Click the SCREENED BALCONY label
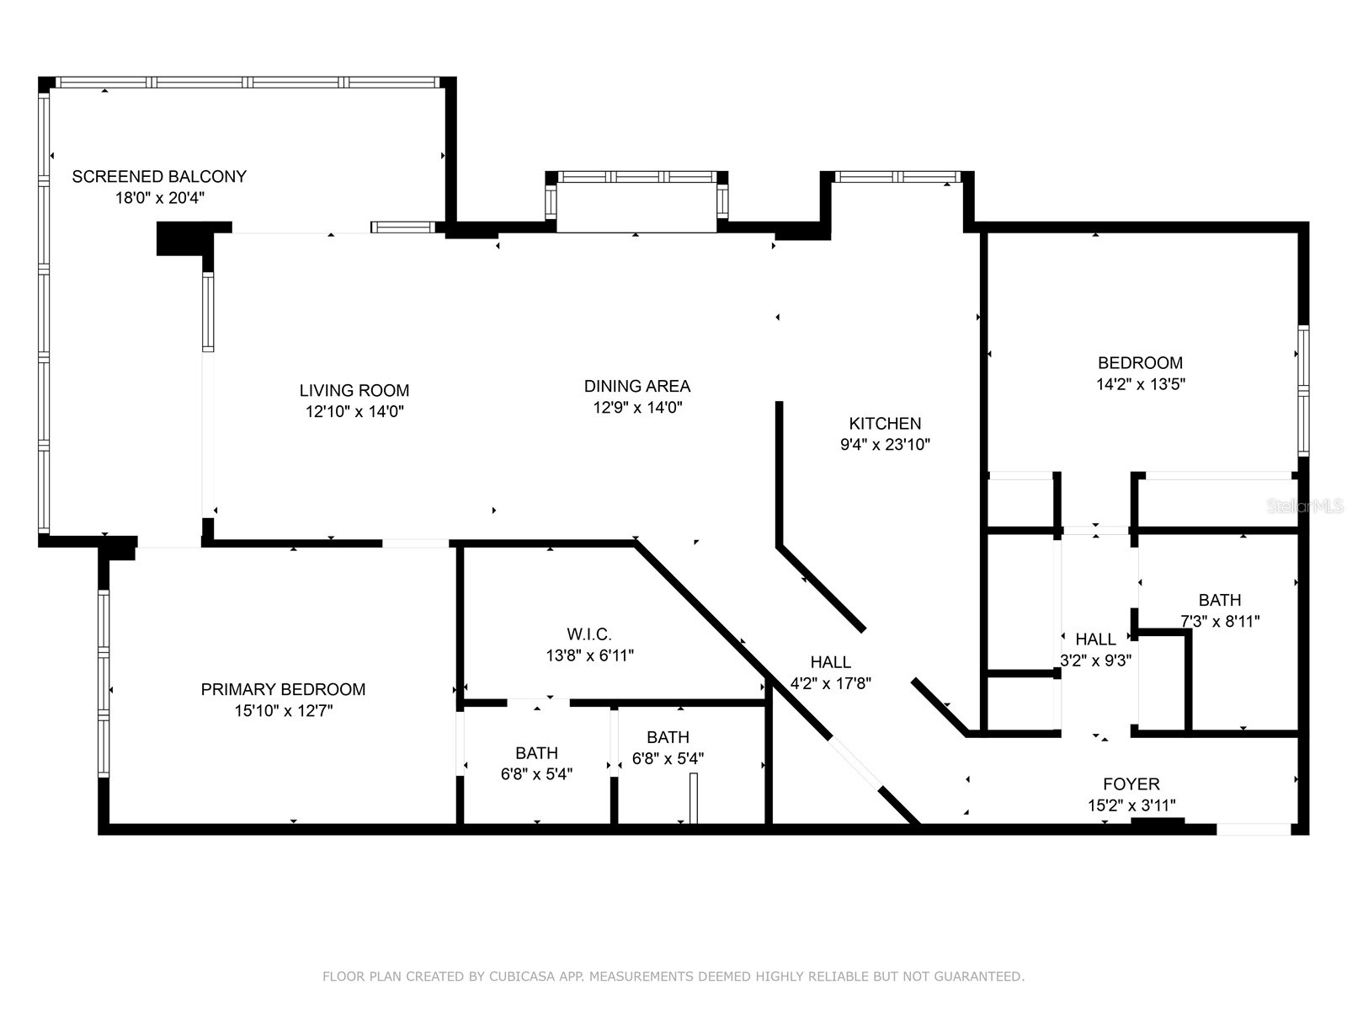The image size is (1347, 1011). point(159,177)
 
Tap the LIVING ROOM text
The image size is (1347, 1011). point(354,391)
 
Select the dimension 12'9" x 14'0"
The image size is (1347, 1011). point(637,408)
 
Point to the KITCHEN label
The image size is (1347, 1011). point(885,424)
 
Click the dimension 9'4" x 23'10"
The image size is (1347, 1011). point(885,445)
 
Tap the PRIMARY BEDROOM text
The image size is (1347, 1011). point(283,690)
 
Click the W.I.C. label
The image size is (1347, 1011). point(589,634)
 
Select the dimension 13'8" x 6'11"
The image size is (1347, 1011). point(589,655)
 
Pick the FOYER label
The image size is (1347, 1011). point(1131,784)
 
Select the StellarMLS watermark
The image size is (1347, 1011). point(1304,506)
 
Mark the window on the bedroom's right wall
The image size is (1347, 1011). point(1303,391)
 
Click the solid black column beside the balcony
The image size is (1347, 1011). point(181,238)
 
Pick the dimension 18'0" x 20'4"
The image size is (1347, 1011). point(160,199)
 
